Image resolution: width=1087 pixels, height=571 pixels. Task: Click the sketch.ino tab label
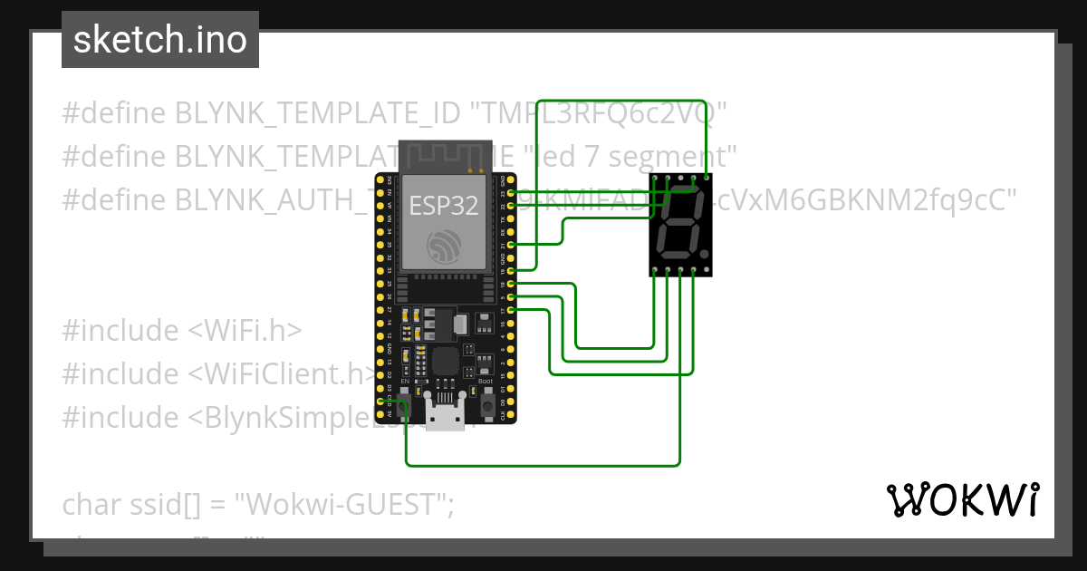(159, 40)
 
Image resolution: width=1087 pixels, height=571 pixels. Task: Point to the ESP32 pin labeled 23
(513, 193)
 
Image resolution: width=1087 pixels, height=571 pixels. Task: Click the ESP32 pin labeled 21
(513, 245)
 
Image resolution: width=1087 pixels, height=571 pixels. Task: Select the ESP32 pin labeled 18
(513, 284)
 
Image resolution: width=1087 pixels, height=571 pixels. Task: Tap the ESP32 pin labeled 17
(513, 310)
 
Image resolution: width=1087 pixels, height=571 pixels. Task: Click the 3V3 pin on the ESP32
(380, 179)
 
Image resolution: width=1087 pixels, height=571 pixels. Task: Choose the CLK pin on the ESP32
(513, 415)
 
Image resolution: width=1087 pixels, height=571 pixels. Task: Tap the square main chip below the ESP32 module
(447, 361)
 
